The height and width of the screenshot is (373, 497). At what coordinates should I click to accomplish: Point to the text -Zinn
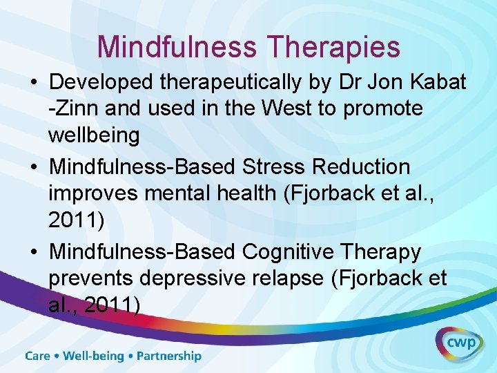tap(71, 108)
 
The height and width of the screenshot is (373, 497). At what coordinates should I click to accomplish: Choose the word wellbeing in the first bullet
tap(94, 135)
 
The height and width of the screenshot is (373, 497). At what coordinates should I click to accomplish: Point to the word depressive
tap(190, 278)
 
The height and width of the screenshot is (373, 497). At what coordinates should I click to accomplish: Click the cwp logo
tap(459, 343)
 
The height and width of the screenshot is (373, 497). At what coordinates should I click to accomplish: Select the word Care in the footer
tap(38, 356)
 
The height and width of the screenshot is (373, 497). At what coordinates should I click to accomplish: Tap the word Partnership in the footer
tap(169, 356)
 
